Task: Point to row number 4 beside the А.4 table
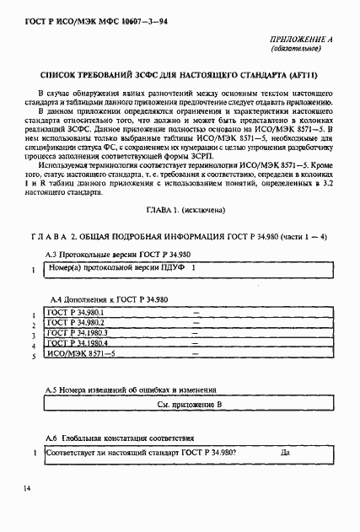point(32,346)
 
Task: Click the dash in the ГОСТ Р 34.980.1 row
point(196,313)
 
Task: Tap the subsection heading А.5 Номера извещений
point(133,391)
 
